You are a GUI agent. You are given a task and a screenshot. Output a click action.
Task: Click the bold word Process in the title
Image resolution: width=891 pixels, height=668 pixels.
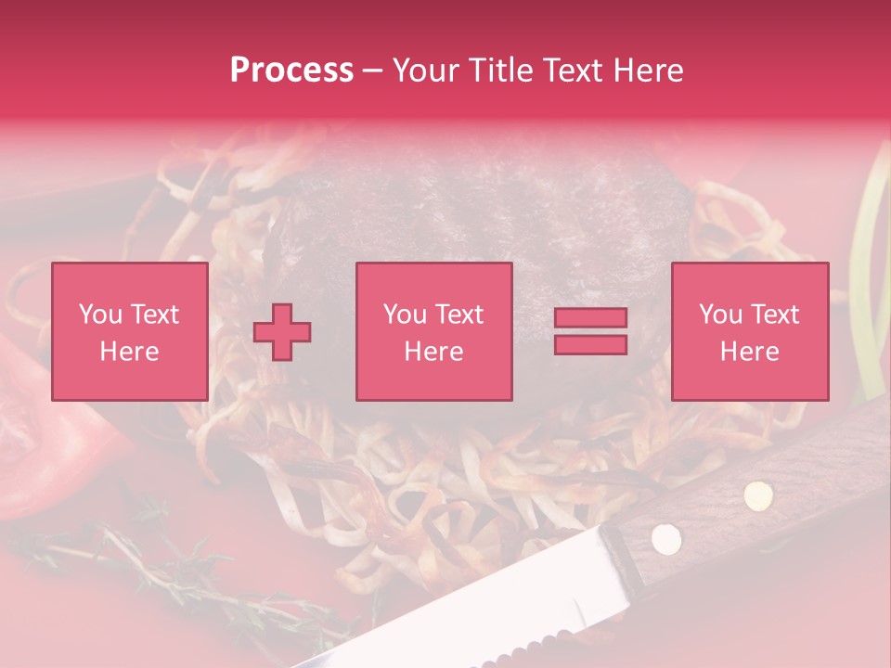tap(291, 71)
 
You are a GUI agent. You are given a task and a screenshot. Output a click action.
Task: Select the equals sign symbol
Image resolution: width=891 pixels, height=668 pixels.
tap(590, 331)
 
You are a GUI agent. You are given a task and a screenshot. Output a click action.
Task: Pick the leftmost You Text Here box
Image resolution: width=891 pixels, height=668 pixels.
tap(129, 331)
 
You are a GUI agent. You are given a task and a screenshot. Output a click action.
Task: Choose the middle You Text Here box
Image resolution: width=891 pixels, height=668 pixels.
tap(433, 331)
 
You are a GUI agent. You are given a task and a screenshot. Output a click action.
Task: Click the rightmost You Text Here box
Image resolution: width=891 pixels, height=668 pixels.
tap(749, 331)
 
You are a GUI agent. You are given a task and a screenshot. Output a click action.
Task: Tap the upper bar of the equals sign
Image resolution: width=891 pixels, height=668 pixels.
tap(590, 318)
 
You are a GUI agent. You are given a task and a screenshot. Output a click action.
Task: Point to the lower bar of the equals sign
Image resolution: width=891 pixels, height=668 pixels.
tap(590, 344)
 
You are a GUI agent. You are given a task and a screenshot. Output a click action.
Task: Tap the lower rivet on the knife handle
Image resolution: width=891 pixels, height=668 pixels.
tap(665, 537)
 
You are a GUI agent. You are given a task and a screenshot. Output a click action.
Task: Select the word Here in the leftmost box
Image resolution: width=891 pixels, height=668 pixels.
tap(129, 352)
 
